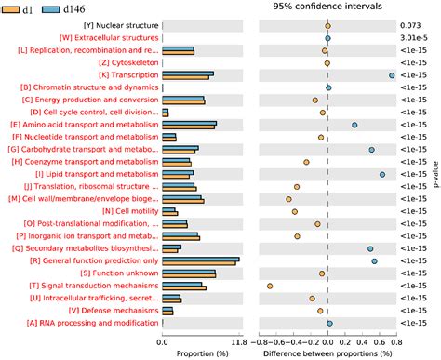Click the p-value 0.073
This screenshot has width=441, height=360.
pyautogui.click(x=411, y=25)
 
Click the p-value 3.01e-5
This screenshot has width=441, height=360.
pyautogui.click(x=411, y=38)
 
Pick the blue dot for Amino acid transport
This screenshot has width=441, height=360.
pyautogui.click(x=354, y=125)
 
